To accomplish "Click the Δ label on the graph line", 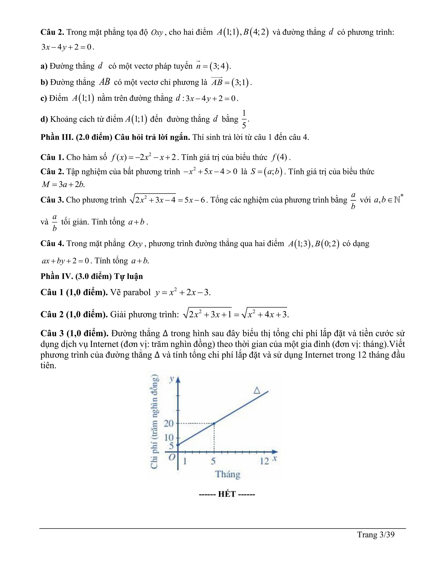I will point(257,391).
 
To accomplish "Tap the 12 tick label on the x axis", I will point(264,461).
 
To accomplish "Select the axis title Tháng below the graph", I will point(228,474).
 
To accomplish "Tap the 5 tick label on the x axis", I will point(213,461).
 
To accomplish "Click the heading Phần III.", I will point(57,137).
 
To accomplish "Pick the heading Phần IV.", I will point(57,276).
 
